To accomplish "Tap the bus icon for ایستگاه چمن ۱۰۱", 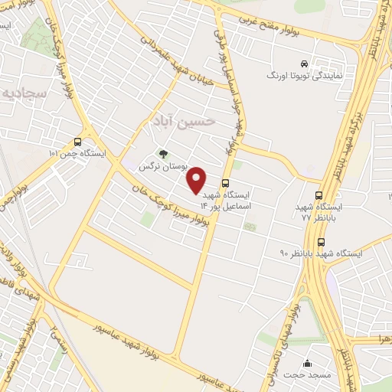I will (x=77, y=142).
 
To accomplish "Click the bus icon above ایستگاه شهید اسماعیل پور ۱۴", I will (x=225, y=184).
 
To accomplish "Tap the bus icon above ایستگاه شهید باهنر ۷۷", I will (x=318, y=195).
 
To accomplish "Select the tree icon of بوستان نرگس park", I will (x=162, y=153).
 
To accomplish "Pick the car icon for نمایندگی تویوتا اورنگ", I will (x=305, y=64).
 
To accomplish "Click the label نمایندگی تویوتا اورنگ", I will (x=298, y=77).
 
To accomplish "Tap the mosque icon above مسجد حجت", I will (x=308, y=363).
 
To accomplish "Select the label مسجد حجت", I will (x=308, y=375).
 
